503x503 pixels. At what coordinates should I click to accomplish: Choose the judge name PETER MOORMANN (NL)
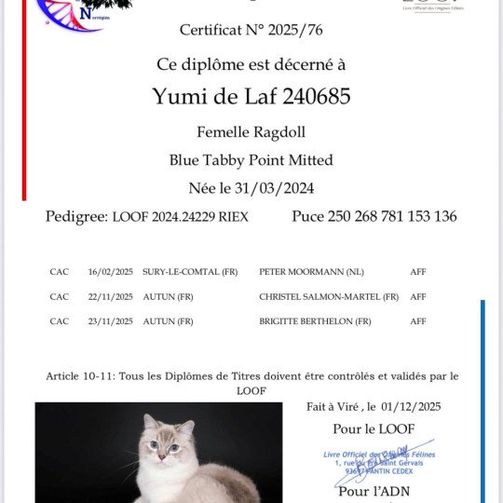[306, 272]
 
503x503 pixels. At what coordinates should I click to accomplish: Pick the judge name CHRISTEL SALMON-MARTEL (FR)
[329, 297]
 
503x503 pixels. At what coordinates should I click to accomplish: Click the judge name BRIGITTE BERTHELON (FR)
[315, 321]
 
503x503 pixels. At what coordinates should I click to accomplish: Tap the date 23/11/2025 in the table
[111, 321]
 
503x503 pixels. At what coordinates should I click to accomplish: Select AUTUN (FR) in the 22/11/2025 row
[168, 297]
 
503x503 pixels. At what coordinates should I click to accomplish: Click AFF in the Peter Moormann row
[418, 272]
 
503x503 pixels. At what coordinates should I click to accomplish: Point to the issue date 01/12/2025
[410, 406]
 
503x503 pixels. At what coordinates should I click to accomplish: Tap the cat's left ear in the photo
[187, 429]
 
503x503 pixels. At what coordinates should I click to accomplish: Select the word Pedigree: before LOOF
[76, 216]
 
